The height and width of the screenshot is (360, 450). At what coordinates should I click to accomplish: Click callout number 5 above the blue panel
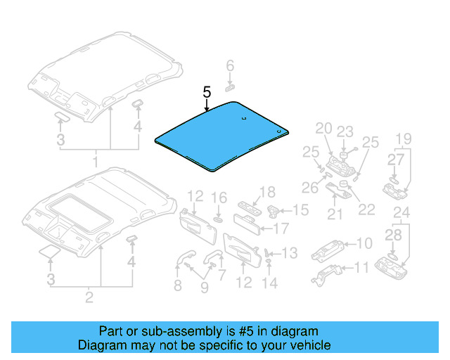(x=206, y=92)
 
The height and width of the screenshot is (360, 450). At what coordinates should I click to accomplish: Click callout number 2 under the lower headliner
(x=89, y=297)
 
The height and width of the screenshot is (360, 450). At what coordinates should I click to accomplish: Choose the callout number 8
(x=177, y=285)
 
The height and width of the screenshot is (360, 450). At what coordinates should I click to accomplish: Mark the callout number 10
(x=364, y=244)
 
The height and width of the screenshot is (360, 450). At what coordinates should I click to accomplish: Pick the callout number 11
(x=361, y=268)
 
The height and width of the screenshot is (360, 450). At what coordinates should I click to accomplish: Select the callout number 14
(x=270, y=283)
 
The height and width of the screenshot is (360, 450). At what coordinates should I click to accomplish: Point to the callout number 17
(x=281, y=228)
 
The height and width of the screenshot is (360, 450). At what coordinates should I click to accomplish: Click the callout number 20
(x=323, y=128)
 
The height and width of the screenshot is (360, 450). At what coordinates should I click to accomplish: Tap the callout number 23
(x=345, y=131)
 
